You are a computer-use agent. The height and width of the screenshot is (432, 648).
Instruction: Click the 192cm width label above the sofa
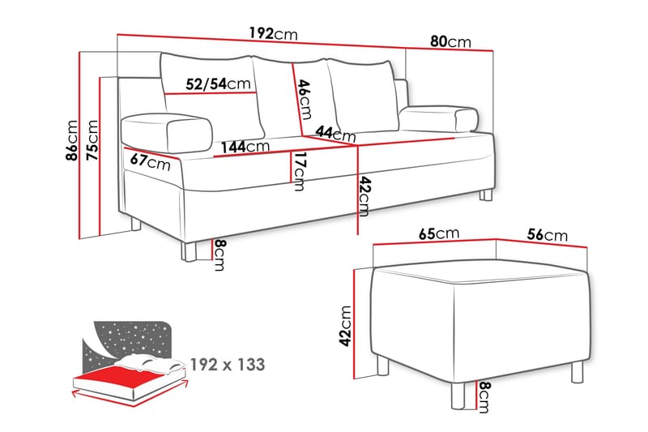274,34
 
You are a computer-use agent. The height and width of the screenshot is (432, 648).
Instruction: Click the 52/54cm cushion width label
216,83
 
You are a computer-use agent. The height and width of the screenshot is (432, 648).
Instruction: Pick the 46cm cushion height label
304,98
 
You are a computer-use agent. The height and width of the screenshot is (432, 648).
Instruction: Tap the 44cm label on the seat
335,134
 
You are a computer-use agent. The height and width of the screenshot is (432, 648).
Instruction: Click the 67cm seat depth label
151,160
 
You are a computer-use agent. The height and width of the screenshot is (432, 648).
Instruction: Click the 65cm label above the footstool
439,233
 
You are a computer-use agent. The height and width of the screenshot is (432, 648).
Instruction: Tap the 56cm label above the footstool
544,235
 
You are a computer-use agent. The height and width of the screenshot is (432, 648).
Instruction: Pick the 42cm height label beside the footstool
346,324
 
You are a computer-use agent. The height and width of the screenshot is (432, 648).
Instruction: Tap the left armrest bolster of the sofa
166,130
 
